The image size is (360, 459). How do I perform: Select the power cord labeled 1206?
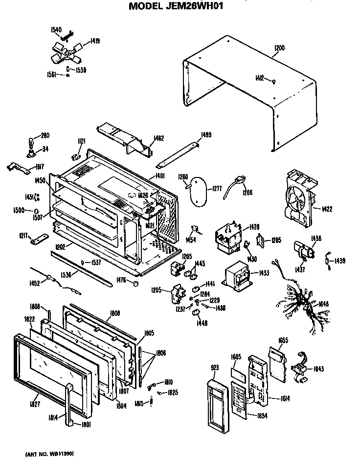pos(233,188)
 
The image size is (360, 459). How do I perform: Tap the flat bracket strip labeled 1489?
pos(180,153)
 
